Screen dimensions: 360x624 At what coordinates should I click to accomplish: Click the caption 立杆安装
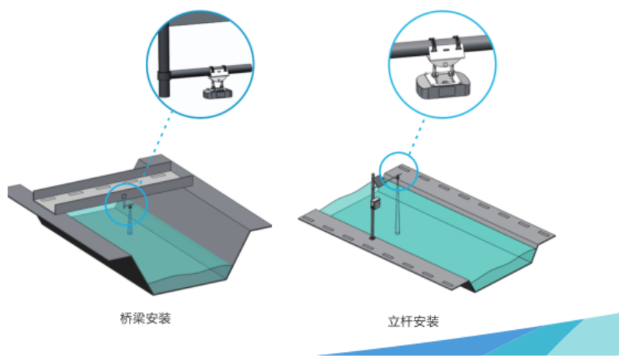coord(413,321)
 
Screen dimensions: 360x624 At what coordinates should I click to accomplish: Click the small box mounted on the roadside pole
coord(375,202)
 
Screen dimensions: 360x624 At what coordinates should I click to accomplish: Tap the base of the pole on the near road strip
coord(374,237)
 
